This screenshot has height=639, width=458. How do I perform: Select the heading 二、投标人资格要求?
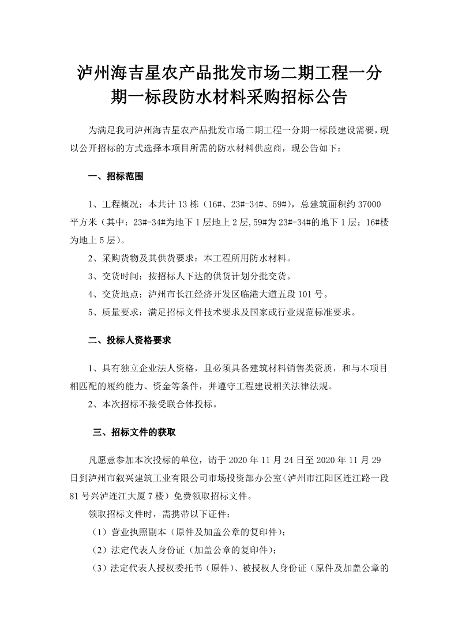130,341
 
